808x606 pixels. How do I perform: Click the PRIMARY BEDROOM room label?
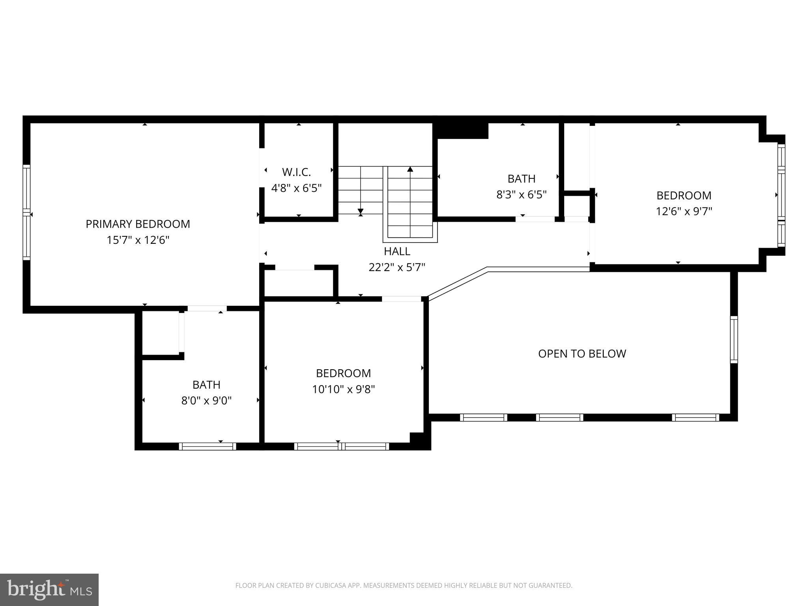[x=138, y=224]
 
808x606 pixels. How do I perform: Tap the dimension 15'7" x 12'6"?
[x=138, y=240]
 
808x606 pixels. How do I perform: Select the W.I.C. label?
[x=296, y=172]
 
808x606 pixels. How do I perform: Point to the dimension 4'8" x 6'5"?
[x=296, y=188]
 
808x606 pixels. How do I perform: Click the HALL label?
[x=397, y=251]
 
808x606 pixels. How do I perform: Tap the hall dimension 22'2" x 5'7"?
[x=397, y=267]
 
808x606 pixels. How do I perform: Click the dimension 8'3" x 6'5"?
[x=521, y=195]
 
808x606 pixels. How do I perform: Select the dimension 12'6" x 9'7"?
[x=684, y=211]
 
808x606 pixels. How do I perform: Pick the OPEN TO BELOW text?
[x=582, y=353]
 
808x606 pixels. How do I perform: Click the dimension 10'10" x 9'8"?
[x=343, y=389]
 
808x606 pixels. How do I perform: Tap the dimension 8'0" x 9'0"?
[x=206, y=401]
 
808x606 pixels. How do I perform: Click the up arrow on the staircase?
[x=410, y=170]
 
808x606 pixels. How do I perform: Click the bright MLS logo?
[x=49, y=589]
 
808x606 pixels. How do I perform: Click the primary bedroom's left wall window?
[x=26, y=212]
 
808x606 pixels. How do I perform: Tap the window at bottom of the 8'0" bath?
[x=207, y=446]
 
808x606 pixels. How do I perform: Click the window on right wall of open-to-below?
[x=733, y=339]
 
